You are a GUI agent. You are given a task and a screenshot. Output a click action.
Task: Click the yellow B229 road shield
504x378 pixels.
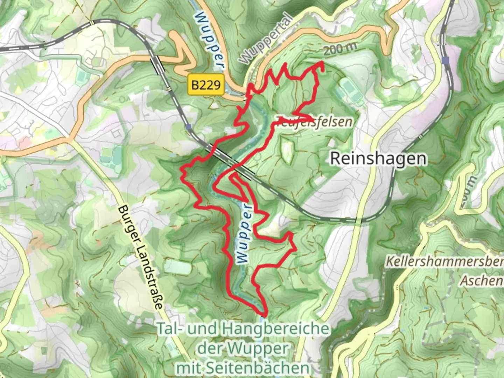206,84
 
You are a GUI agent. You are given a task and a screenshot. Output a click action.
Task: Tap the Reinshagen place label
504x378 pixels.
378,159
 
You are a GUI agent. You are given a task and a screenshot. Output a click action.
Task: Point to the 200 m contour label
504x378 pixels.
340,49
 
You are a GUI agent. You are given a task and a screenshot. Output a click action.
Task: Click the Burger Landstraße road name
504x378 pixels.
140,257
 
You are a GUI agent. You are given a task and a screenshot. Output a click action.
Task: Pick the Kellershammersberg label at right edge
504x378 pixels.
444,261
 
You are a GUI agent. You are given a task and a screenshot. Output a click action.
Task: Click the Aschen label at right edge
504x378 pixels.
482,280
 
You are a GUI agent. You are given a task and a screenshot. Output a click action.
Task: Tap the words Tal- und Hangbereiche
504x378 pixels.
243,329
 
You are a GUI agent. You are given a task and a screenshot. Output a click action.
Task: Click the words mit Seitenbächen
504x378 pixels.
243,368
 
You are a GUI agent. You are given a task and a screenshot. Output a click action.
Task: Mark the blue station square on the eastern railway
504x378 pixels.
445,61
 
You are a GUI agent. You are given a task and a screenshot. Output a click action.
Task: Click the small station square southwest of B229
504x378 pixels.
189,127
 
